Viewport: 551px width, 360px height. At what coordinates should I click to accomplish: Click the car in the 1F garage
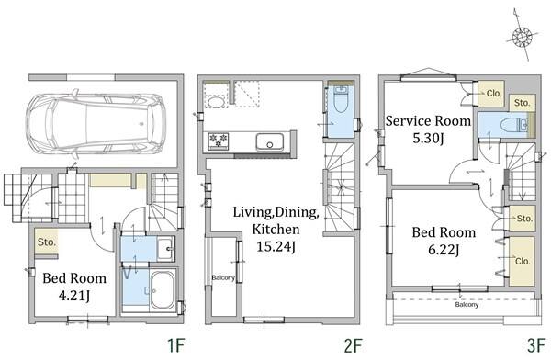pyautogui.click(x=96, y=124)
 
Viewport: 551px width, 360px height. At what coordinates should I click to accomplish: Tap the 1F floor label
pyautogui.click(x=175, y=345)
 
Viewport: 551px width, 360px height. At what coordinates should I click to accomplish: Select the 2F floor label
pyautogui.click(x=353, y=345)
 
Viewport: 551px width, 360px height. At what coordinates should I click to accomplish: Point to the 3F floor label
pyautogui.click(x=536, y=345)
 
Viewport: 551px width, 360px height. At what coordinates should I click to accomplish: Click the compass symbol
pyautogui.click(x=523, y=37)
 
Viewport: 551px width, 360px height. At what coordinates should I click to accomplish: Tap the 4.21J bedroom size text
pyautogui.click(x=74, y=296)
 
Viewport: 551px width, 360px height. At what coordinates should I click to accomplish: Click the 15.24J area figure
pyautogui.click(x=275, y=246)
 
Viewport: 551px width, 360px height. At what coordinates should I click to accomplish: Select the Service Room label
pyautogui.click(x=428, y=120)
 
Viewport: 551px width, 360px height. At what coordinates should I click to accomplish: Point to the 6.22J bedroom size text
pyautogui.click(x=444, y=250)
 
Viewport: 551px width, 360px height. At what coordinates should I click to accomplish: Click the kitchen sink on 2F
pyautogui.click(x=269, y=141)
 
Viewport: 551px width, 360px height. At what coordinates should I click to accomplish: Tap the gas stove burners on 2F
pyautogui.click(x=219, y=141)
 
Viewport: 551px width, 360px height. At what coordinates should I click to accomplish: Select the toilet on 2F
pyautogui.click(x=340, y=99)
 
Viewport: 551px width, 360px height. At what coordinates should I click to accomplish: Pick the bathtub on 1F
pyautogui.click(x=163, y=290)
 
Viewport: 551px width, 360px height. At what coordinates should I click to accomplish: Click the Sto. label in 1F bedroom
pyautogui.click(x=47, y=242)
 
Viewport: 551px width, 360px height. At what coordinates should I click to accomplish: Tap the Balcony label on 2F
pyautogui.click(x=223, y=277)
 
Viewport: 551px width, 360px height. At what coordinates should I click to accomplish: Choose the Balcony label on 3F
pyautogui.click(x=467, y=304)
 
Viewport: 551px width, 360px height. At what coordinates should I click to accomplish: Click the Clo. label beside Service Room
pyautogui.click(x=494, y=93)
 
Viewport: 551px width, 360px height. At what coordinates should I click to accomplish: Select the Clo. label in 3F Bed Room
pyautogui.click(x=523, y=261)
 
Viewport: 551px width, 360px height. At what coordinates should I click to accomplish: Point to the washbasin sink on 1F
pyautogui.click(x=165, y=249)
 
